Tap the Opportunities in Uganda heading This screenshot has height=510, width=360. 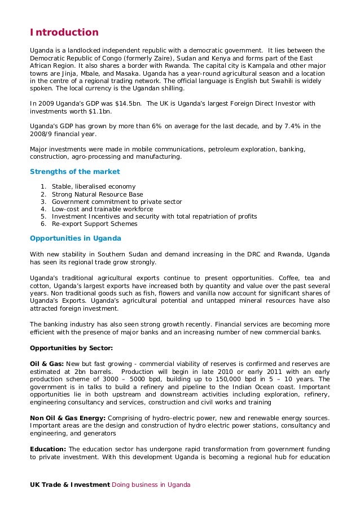coord(75,238)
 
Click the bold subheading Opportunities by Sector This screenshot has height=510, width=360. coord(71,347)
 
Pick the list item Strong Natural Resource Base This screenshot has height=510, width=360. coord(97,194)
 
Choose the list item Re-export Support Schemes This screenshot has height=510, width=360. coord(94,224)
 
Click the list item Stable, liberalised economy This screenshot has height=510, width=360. coord(93,187)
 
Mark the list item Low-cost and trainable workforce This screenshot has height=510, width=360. coord(102,209)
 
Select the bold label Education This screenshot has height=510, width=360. coord(48,449)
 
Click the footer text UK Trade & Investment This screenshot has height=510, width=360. coord(69,485)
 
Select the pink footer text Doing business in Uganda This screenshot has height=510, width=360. coord(151,485)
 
